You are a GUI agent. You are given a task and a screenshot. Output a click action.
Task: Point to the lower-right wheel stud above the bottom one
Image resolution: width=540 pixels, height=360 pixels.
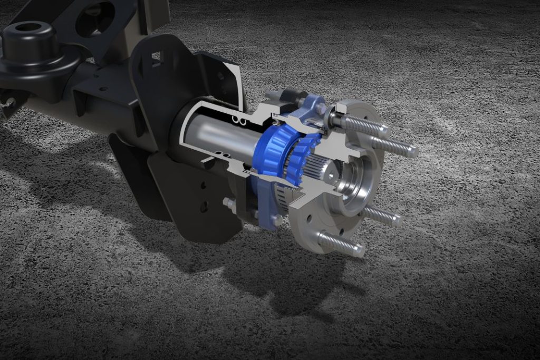pos(382,216)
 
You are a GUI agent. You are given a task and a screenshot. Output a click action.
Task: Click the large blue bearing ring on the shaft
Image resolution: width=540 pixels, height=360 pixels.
pos(272,153)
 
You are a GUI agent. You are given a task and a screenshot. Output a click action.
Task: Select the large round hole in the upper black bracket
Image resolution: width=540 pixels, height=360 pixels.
pos(95,18)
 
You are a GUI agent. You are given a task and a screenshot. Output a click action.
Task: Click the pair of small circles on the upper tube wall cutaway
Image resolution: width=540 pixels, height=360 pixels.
pos(240,122)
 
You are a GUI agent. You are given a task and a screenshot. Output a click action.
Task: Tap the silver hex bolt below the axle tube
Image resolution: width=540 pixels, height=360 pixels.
pos(229,202)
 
